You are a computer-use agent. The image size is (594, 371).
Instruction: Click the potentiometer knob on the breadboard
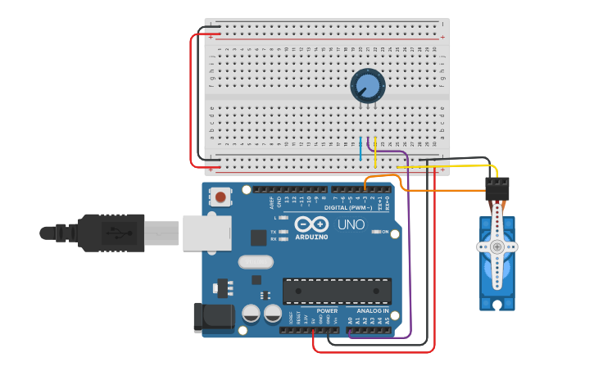click(x=367, y=85)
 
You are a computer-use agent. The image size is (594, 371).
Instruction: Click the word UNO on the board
click(x=351, y=224)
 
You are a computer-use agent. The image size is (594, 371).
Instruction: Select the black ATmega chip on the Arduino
click(x=337, y=291)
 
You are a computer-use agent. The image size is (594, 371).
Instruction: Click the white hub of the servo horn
click(x=497, y=247)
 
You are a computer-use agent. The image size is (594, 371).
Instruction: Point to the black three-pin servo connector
click(x=497, y=189)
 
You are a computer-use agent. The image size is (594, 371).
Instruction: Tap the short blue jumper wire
click(x=360, y=150)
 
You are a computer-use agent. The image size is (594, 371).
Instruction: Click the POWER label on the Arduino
click(x=327, y=311)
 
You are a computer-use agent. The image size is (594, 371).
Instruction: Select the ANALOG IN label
click(x=372, y=311)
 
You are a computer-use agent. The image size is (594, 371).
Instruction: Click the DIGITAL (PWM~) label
click(x=348, y=207)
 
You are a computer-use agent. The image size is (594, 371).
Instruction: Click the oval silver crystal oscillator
click(x=256, y=262)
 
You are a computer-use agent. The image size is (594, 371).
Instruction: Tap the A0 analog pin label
click(x=351, y=321)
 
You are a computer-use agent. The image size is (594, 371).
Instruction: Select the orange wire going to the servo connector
click(x=442, y=190)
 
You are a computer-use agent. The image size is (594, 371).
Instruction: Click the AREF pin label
click(x=272, y=202)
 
